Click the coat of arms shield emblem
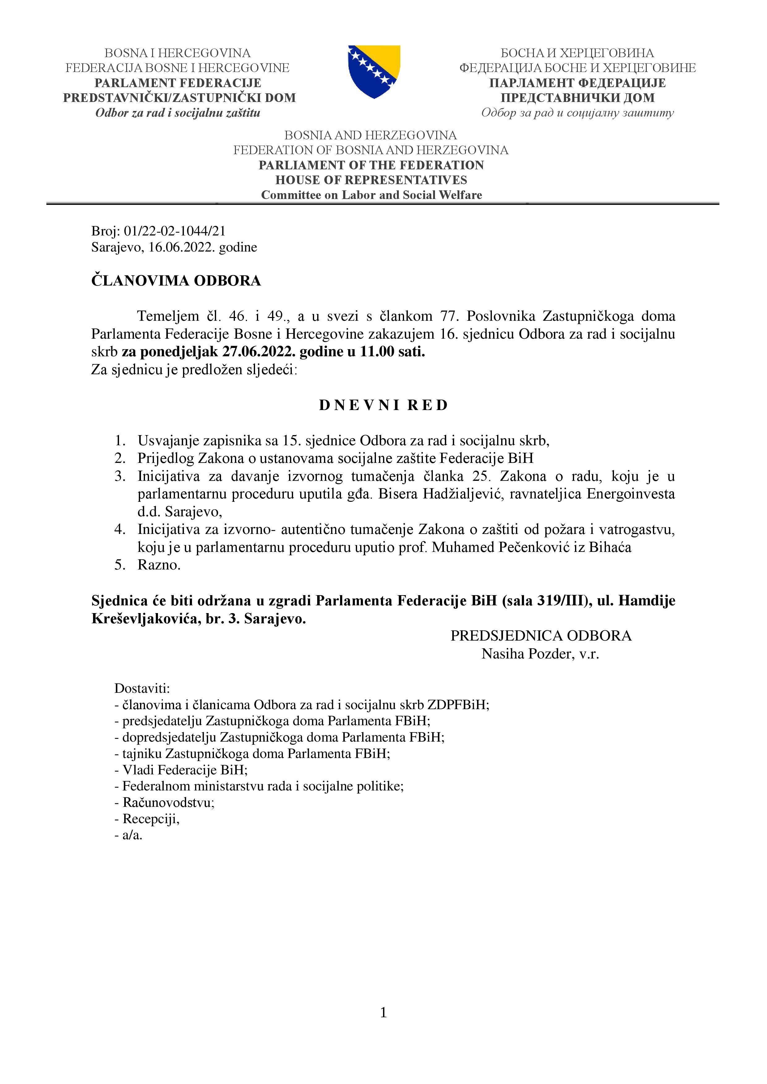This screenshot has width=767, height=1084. pos(374,71)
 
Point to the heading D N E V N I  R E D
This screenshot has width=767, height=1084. pos(383,405)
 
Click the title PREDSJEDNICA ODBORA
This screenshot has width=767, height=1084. pos(541,636)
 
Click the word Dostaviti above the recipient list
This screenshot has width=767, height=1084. pos(142,688)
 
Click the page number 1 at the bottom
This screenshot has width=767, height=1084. pos(383,1012)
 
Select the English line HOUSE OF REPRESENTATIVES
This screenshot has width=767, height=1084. pos(371,180)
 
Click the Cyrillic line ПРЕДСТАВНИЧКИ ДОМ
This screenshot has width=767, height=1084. pos(577,98)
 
